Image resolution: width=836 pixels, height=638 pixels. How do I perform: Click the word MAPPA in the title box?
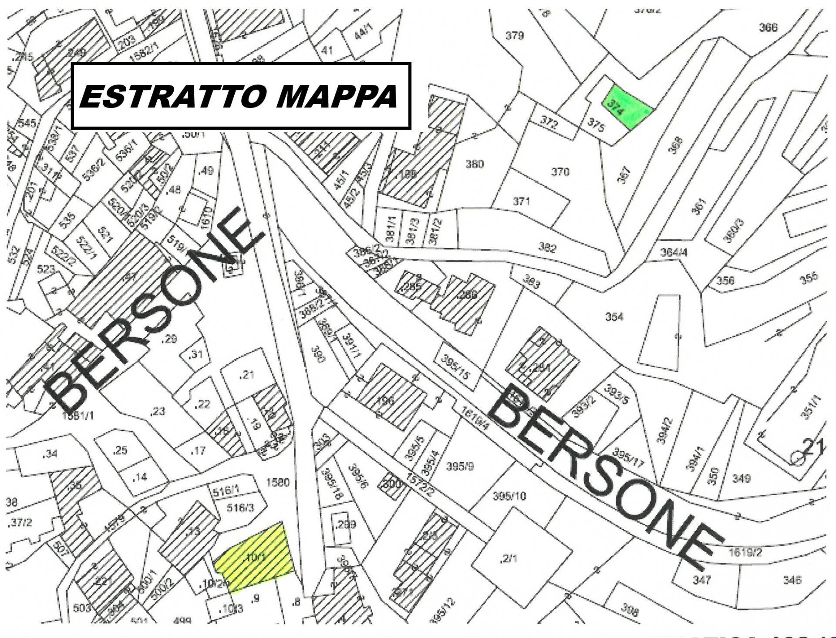pyautogui.click(x=337, y=96)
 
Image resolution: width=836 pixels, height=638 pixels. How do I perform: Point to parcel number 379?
pyautogui.click(x=515, y=36)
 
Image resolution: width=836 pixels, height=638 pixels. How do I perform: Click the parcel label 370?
pyautogui.click(x=560, y=172)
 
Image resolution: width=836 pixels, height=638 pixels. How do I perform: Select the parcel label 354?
pyautogui.click(x=614, y=317)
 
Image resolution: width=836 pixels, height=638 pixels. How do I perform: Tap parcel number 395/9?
pyautogui.click(x=460, y=467)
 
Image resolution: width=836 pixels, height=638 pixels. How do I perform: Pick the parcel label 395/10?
pyautogui.click(x=509, y=496)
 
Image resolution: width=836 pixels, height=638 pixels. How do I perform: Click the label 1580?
pyautogui.click(x=278, y=482)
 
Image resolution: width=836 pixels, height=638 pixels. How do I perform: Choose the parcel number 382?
pyautogui.click(x=547, y=248)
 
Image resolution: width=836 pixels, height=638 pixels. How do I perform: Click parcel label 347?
pyautogui.click(x=701, y=579)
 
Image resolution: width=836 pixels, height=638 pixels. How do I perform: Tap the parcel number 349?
pyautogui.click(x=741, y=479)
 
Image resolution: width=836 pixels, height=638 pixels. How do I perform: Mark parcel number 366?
pyautogui.click(x=768, y=27)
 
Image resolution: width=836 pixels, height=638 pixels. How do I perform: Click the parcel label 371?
pyautogui.click(x=521, y=201)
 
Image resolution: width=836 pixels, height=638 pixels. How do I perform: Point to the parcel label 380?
pyautogui.click(x=474, y=164)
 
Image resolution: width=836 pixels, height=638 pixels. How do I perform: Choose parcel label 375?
pyautogui.click(x=596, y=125)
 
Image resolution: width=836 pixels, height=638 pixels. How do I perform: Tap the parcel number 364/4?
pyautogui.click(x=674, y=252)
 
